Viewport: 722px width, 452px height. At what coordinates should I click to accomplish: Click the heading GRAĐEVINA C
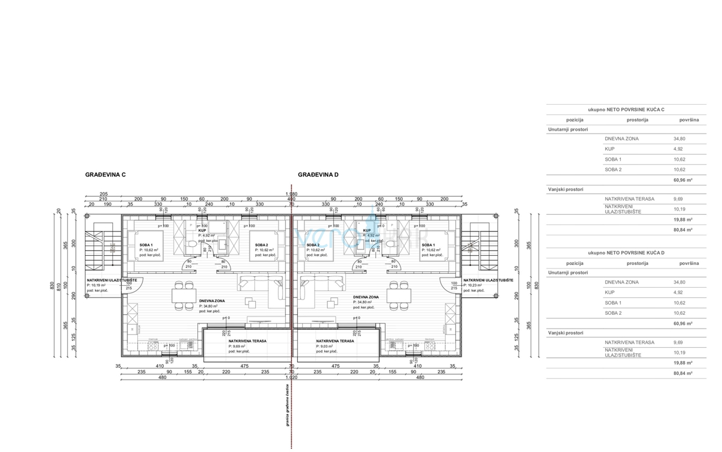(105, 175)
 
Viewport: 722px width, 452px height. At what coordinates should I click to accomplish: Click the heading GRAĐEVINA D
(318, 175)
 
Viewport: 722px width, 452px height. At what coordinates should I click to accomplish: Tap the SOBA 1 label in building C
(146, 245)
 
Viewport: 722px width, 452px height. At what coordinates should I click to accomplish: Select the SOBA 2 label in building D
(313, 245)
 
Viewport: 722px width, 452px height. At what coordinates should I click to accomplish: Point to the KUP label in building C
(202, 231)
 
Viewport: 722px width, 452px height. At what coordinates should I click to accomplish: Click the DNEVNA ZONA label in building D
(366, 297)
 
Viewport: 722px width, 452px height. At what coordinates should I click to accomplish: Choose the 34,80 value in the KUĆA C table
(679, 138)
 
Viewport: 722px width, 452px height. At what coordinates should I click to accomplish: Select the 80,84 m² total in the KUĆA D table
(682, 373)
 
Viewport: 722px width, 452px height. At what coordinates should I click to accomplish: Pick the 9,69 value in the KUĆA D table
(678, 342)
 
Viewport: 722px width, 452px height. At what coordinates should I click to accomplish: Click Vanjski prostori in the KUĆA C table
(566, 189)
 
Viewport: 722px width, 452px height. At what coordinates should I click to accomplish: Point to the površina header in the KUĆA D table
(689, 263)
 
